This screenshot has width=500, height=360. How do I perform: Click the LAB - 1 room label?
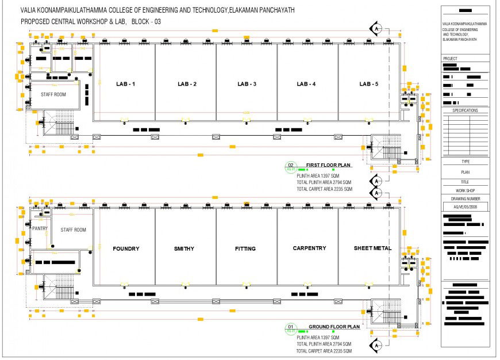125,85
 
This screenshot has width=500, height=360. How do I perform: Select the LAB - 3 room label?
247,85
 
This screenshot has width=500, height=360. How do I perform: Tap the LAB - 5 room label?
368,85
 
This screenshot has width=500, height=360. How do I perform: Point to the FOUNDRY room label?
126,249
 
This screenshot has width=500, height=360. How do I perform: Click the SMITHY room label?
184,249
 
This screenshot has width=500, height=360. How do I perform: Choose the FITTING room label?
245,249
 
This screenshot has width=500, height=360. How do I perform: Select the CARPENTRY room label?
309,248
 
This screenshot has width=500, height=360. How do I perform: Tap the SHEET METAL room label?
372,248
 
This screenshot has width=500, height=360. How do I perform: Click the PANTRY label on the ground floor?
40,229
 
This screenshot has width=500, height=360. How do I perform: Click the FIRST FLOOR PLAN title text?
328,165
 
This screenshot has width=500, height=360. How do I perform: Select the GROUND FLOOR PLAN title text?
333,327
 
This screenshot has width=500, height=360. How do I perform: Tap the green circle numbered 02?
290,167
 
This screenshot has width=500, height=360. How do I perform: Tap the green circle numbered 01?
290,328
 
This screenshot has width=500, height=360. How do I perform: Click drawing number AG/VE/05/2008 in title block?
466,206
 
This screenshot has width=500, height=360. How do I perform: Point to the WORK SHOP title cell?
466,189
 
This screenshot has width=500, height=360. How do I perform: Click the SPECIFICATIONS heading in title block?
466,110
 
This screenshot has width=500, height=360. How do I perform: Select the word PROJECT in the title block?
450,59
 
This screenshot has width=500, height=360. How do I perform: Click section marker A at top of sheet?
376,28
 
